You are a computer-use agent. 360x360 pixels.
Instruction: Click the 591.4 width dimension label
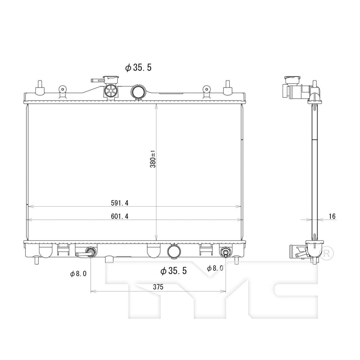pos(120,203)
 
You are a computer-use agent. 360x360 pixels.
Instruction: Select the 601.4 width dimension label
pos(120,216)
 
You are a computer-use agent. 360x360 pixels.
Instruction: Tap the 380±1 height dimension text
pos(153,159)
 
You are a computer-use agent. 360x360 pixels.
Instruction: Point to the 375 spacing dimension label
pos(158,287)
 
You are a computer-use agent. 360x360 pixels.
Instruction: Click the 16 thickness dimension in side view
pos(332,216)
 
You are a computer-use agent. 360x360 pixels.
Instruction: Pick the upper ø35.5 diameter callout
pos(138,67)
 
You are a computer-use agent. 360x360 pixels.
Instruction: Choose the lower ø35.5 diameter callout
pos(174,271)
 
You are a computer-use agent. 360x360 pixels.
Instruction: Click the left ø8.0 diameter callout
pos(78,274)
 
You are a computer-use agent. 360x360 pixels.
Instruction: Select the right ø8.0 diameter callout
pos(215,268)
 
